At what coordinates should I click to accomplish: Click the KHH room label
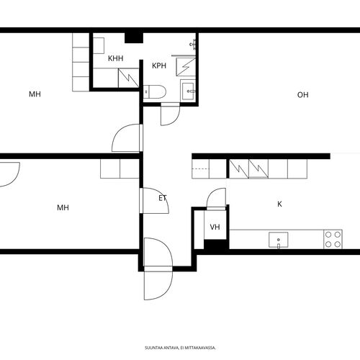[116, 58]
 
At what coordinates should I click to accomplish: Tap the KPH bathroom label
[159, 66]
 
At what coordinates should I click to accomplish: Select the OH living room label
[303, 95]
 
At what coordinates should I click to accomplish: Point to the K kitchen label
[279, 204]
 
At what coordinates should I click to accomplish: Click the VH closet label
[215, 227]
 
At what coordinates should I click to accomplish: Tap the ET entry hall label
[163, 198]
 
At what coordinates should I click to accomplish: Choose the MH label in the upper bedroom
[35, 94]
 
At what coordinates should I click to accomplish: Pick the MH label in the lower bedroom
[63, 207]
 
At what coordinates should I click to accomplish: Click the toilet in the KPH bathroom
[155, 91]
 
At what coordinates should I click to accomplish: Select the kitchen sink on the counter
[279, 240]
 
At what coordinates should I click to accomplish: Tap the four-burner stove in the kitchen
[333, 239]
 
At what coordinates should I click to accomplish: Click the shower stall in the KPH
[186, 67]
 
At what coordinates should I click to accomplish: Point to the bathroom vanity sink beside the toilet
[188, 91]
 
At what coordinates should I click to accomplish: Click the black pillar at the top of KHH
[134, 38]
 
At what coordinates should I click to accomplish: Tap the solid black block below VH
[216, 244]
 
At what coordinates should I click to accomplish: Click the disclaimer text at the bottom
[180, 348]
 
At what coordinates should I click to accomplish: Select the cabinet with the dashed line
[200, 168]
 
